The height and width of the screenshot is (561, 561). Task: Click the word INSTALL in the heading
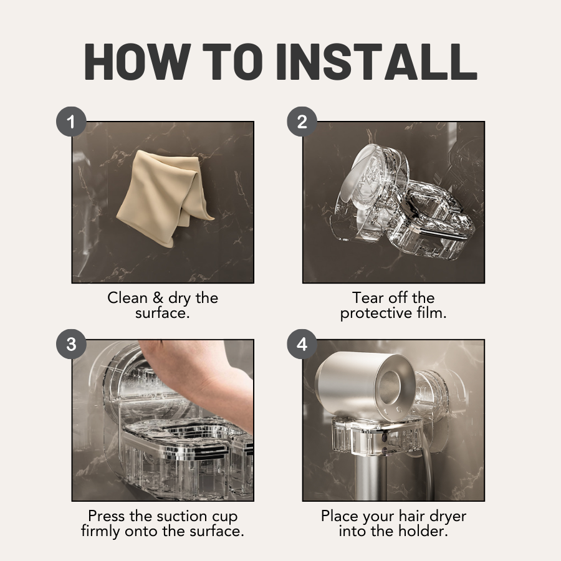[x=376, y=62]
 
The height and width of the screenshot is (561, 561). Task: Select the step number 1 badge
[x=71, y=122]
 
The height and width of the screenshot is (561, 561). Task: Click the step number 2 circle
[x=302, y=122]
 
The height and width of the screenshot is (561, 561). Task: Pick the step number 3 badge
[x=71, y=344]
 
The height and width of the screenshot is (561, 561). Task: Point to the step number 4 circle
[x=302, y=344]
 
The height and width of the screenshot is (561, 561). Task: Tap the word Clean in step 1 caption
[x=127, y=298]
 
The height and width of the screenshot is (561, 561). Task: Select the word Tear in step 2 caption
[x=368, y=298]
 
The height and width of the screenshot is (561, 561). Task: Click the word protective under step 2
[x=376, y=314]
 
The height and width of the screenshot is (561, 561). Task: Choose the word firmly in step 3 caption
[x=100, y=532]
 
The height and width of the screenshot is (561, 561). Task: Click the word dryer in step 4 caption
[x=448, y=517]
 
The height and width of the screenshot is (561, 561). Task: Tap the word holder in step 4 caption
[x=426, y=531]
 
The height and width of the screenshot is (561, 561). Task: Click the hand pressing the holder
[x=200, y=379]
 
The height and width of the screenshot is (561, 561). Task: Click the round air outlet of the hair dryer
[x=392, y=388]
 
